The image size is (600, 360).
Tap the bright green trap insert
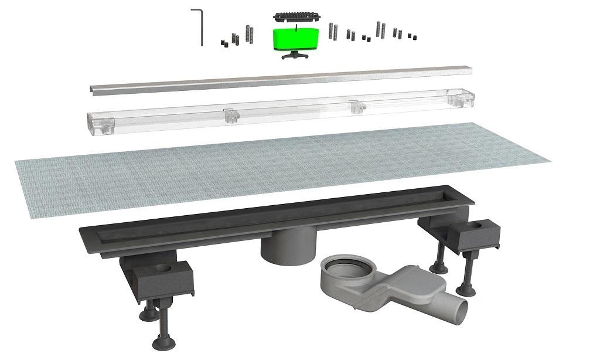click(295, 38)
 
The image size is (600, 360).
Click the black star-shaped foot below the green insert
click(295, 55)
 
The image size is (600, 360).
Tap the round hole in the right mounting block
click(485, 225)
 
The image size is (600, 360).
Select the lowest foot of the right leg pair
click(467, 289)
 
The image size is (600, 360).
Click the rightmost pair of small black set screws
click(412, 37)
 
